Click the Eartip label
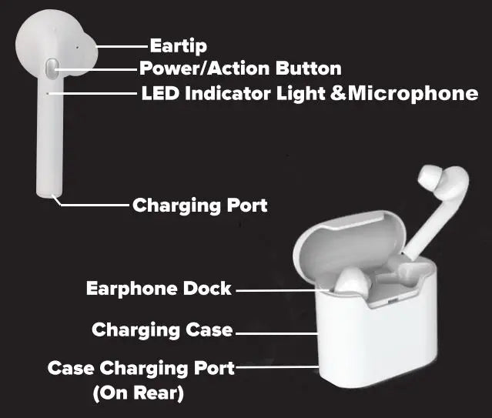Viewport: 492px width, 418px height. pos(178,45)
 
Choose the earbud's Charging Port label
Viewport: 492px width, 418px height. pos(199,206)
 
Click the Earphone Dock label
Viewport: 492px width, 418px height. pos(159,289)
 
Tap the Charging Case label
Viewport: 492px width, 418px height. pos(162,330)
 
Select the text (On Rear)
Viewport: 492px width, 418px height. pos(139,393)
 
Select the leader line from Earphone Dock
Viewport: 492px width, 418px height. pos(285,290)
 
